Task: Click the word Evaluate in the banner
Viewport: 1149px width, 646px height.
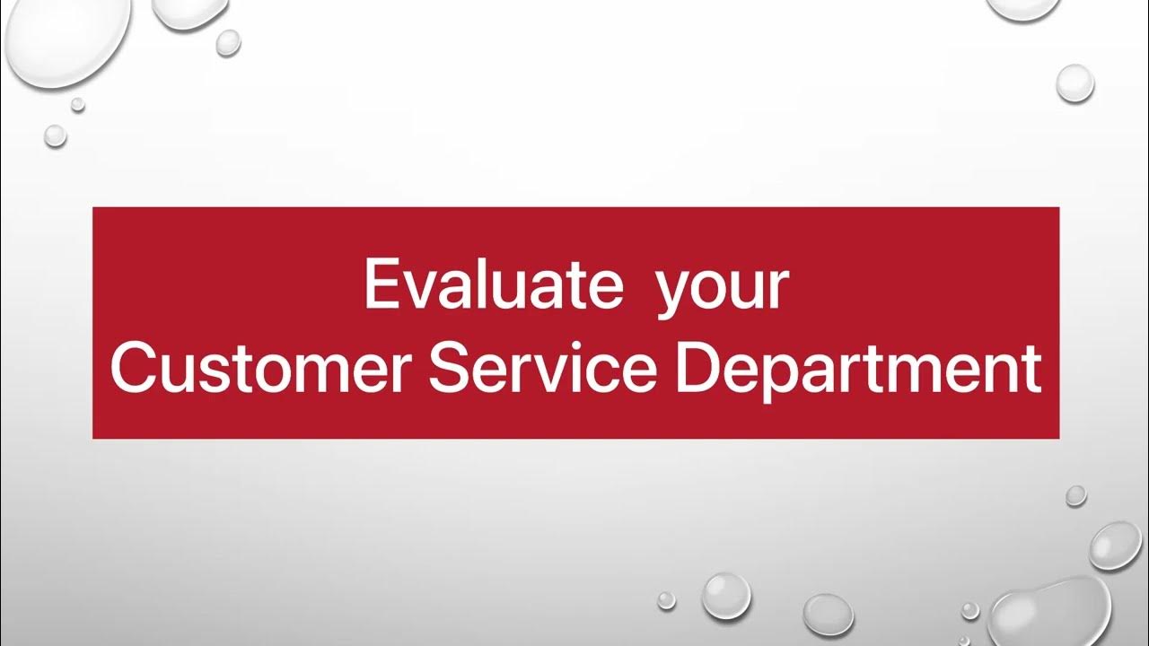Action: pos(493,285)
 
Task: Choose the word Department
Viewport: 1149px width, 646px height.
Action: pos(858,370)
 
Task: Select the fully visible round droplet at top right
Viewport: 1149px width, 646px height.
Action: pos(1074,83)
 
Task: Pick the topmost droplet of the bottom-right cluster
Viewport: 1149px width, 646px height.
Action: pos(1076,495)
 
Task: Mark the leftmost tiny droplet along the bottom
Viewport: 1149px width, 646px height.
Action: pos(666,599)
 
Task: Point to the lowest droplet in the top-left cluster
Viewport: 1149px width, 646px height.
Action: pos(56,135)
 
